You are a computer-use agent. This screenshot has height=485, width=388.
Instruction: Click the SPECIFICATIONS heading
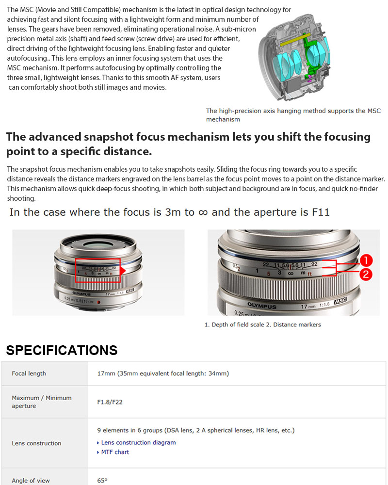tap(62, 350)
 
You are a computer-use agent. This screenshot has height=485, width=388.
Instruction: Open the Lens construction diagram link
tap(138, 442)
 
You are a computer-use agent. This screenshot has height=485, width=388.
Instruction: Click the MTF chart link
tap(115, 452)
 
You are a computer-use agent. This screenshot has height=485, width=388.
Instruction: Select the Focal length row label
tap(29, 373)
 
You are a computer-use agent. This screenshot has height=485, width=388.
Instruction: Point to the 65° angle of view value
tap(102, 481)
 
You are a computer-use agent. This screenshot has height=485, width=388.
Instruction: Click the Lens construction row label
tap(36, 443)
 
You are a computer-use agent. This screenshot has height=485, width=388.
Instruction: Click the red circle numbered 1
tap(366, 260)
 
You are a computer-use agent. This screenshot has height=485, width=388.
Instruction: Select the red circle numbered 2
tap(366, 275)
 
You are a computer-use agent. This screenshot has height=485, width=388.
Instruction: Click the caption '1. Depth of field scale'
tap(234, 324)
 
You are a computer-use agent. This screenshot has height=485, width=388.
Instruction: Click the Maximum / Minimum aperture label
tap(42, 402)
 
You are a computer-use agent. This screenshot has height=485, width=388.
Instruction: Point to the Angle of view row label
tap(31, 481)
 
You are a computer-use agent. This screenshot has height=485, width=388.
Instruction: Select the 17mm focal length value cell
tap(163, 373)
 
